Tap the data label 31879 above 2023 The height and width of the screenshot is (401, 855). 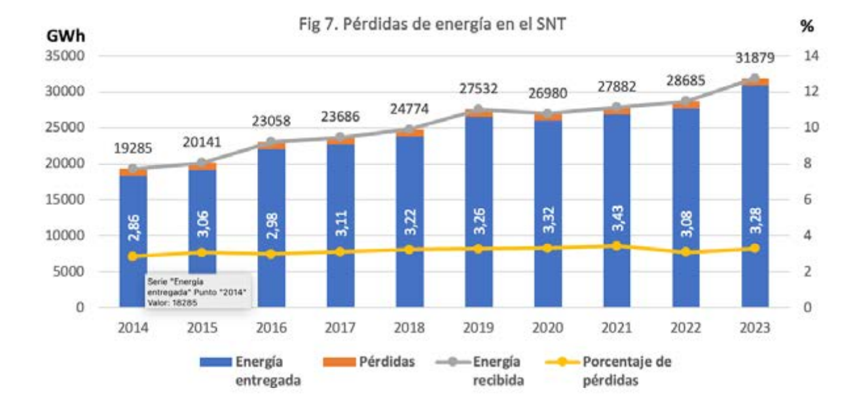tap(754, 58)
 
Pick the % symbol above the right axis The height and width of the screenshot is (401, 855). tap(807, 28)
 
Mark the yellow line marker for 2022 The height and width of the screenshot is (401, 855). tap(686, 252)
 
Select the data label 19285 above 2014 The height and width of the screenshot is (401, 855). tap(134, 149)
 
